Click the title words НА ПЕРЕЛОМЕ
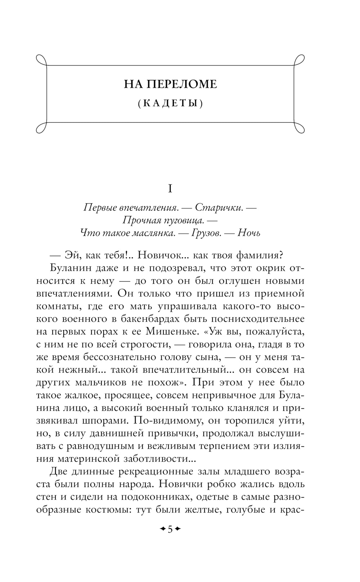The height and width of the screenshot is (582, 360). click(x=170, y=84)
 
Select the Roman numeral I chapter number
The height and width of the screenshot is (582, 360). click(x=170, y=188)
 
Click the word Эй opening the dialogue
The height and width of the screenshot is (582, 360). click(x=71, y=255)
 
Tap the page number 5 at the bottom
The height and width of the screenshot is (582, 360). click(x=170, y=529)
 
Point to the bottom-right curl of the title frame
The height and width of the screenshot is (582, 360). click(x=300, y=128)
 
